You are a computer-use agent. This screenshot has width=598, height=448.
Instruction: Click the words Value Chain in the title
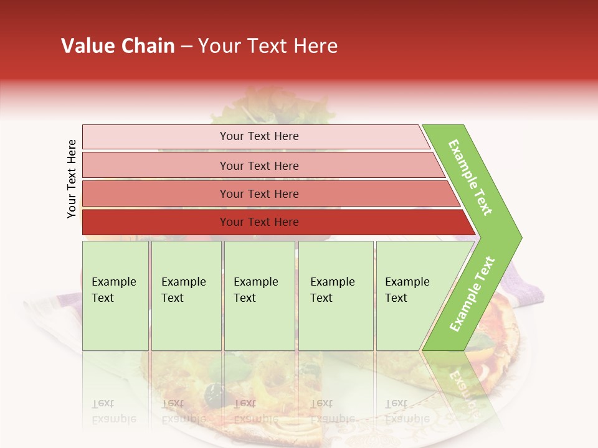click(118, 46)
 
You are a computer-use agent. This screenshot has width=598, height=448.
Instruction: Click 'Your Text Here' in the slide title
click(268, 46)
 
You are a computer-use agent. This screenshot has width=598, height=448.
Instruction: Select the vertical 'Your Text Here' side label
click(72, 179)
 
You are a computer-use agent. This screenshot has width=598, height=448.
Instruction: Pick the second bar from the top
click(259, 166)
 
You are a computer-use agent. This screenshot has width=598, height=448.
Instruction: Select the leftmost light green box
click(115, 296)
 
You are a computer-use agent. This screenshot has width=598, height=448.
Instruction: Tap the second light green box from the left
click(186, 296)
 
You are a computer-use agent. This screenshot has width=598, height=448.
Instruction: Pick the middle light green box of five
click(259, 296)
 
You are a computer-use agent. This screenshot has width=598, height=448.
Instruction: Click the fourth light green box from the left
click(335, 296)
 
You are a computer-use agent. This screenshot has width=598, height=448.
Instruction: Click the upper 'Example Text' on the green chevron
click(470, 178)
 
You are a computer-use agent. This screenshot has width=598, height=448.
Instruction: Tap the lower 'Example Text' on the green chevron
click(472, 294)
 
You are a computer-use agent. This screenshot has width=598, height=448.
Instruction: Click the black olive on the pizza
click(215, 393)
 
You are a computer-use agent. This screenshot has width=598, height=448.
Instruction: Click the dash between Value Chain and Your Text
click(186, 47)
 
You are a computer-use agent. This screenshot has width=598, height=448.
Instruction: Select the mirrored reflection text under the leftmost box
click(113, 411)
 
